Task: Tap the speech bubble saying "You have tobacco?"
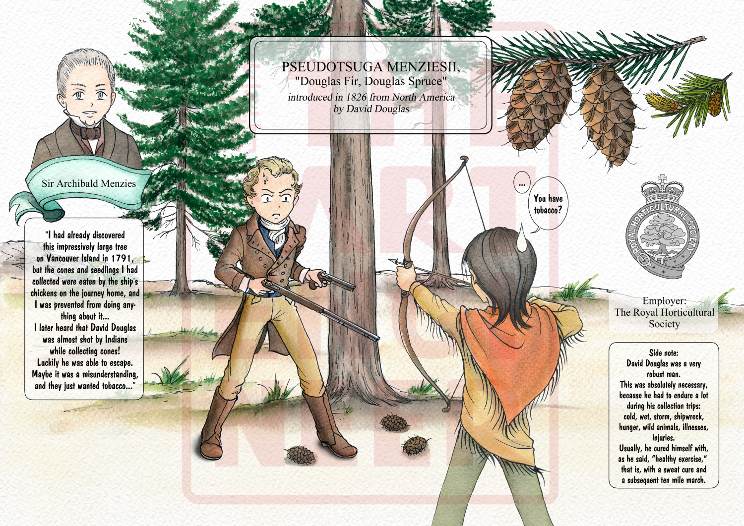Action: [x=548, y=204]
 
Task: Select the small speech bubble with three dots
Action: [x=522, y=182]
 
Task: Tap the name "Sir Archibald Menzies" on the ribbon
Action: [x=89, y=183]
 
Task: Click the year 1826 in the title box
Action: [x=357, y=97]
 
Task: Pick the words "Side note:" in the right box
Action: [x=663, y=352]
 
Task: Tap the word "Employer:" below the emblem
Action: [x=664, y=301]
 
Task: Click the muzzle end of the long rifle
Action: [x=377, y=339]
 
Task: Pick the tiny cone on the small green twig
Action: [x=715, y=104]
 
